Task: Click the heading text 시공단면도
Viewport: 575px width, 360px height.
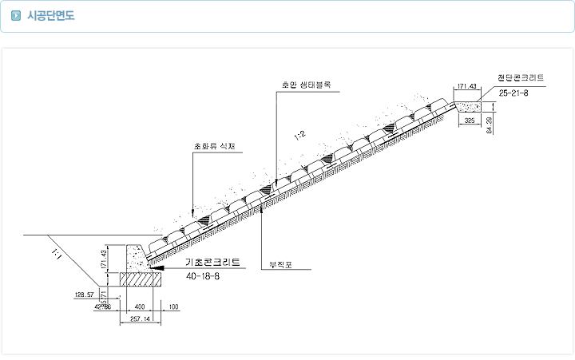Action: (x=51, y=15)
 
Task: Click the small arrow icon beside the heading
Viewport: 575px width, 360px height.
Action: (x=16, y=15)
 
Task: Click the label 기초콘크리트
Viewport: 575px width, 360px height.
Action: (x=212, y=262)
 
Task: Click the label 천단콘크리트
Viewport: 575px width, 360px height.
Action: (x=520, y=78)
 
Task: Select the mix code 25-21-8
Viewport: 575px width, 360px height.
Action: (x=513, y=93)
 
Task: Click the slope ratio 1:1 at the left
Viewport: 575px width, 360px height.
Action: (x=56, y=254)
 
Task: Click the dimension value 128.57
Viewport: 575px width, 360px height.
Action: (x=85, y=295)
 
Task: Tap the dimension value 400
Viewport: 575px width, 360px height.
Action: (x=140, y=307)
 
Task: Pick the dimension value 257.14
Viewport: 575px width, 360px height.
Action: (x=139, y=318)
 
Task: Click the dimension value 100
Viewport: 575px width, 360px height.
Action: (x=173, y=307)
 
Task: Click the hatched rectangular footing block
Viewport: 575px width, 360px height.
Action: (x=140, y=279)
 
